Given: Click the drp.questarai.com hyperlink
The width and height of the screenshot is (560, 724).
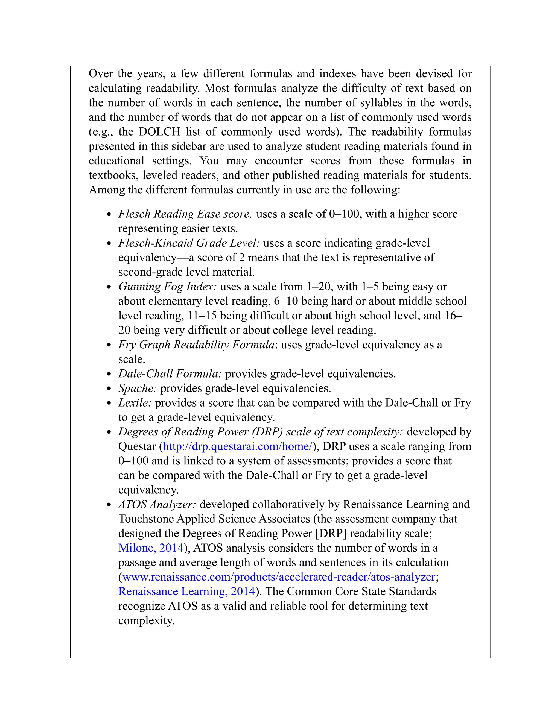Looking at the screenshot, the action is [x=238, y=446].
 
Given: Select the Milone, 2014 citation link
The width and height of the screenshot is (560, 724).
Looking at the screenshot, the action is [x=151, y=548].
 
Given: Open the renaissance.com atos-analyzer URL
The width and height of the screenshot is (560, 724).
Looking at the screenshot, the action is [x=279, y=577].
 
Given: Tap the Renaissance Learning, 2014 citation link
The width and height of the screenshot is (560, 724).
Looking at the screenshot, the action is [x=187, y=592].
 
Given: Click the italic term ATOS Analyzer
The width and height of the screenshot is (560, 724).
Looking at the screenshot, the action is [x=157, y=505].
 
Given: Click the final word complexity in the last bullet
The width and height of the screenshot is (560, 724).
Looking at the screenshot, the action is [x=146, y=620].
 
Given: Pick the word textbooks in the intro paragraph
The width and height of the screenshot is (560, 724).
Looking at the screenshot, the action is [x=113, y=175].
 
